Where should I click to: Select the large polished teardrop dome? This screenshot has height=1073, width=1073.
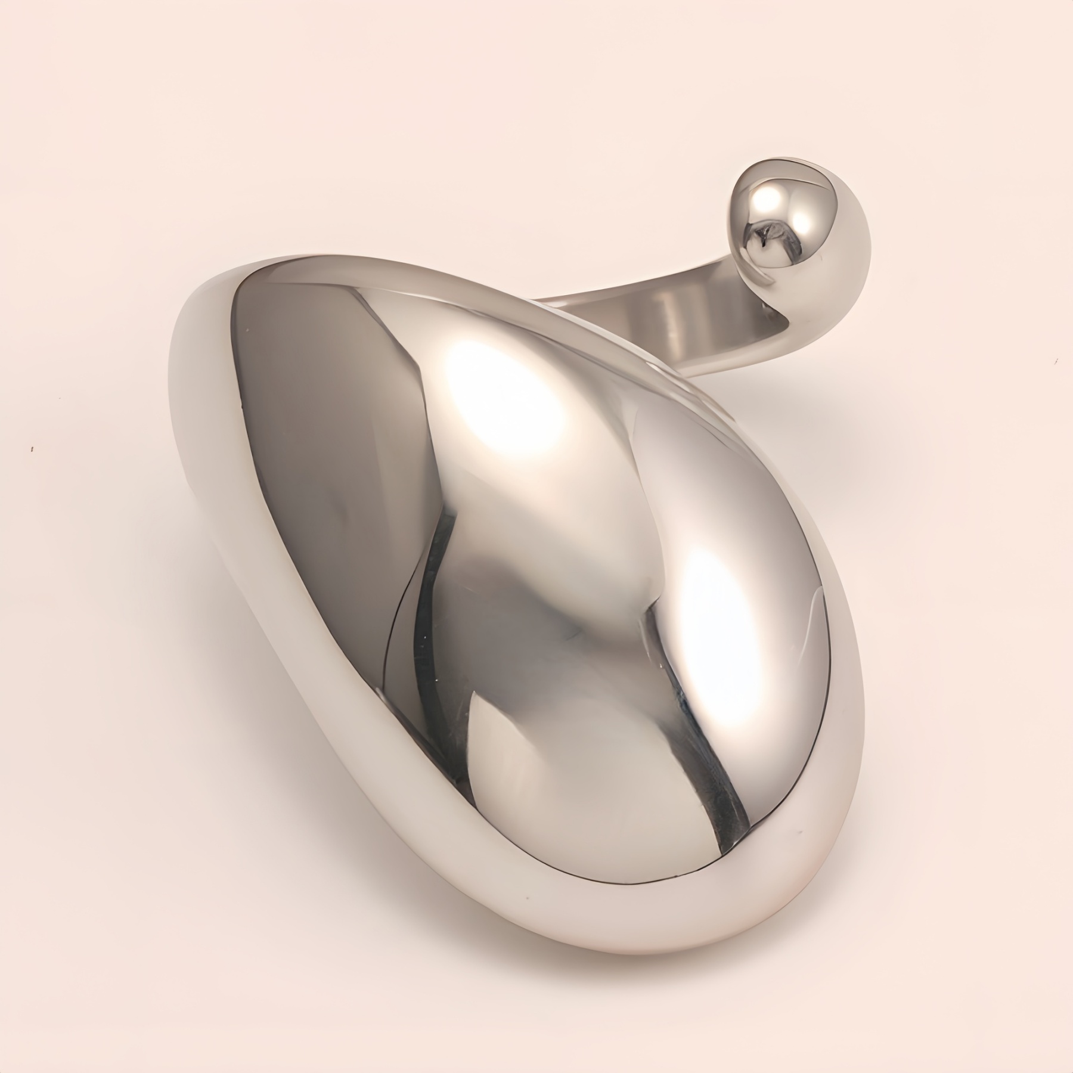tap(536, 536)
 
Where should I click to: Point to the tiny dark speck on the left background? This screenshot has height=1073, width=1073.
tap(32, 448)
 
